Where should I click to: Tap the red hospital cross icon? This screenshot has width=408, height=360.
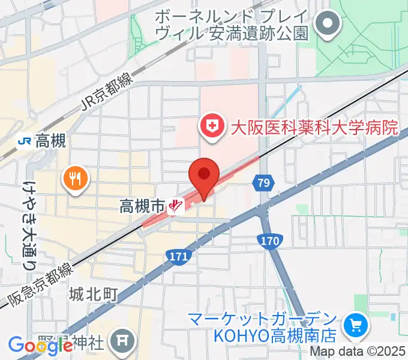coord(211,127)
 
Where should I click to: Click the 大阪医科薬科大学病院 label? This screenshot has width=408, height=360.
coord(314,127)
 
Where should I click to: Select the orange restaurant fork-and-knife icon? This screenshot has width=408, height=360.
coord(76,178)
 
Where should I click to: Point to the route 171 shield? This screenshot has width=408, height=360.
coord(178,256)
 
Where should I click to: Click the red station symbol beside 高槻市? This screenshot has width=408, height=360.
coord(175,207)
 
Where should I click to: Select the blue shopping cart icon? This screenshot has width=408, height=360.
coord(356,326)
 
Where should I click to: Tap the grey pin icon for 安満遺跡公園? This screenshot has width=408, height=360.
coord(328,26)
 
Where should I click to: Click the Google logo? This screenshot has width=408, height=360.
coord(40,345)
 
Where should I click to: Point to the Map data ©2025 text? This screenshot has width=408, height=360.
coord(356,352)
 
